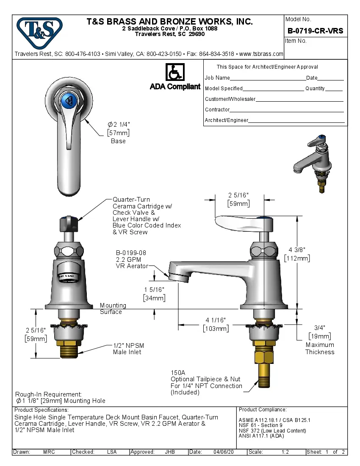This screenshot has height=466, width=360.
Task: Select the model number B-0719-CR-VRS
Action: click(x=315, y=31)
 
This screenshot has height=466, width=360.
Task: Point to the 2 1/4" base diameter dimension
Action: click(x=119, y=125)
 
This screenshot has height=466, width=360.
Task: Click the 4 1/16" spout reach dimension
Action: click(x=216, y=320)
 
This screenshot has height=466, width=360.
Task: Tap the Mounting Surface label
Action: click(x=113, y=308)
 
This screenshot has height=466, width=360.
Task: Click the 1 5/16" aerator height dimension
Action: click(x=154, y=289)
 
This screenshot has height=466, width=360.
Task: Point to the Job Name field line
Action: click(x=267, y=78)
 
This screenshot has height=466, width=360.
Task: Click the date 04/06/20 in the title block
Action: click(x=224, y=452)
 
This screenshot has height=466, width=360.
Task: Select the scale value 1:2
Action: click(x=285, y=452)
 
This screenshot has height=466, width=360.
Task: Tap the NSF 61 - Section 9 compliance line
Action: click(x=260, y=425)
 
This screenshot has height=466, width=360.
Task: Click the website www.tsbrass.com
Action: click(x=261, y=54)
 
